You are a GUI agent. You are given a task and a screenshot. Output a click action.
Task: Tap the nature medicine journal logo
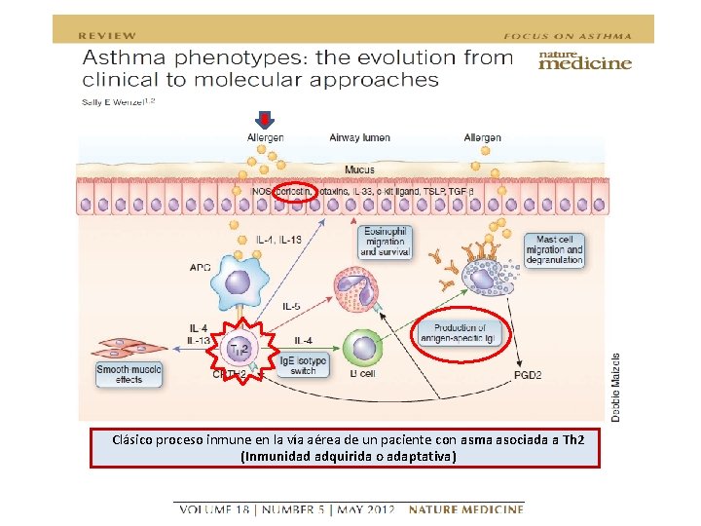pyautogui.click(x=585, y=61)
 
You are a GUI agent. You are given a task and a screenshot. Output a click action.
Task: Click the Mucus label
pyautogui.click(x=359, y=169)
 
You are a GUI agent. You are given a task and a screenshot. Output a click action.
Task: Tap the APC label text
pyautogui.click(x=200, y=266)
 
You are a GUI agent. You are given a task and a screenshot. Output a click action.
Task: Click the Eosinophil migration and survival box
pyautogui.click(x=387, y=242)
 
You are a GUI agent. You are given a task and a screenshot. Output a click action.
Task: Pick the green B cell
pyautogui.click(x=364, y=350)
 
